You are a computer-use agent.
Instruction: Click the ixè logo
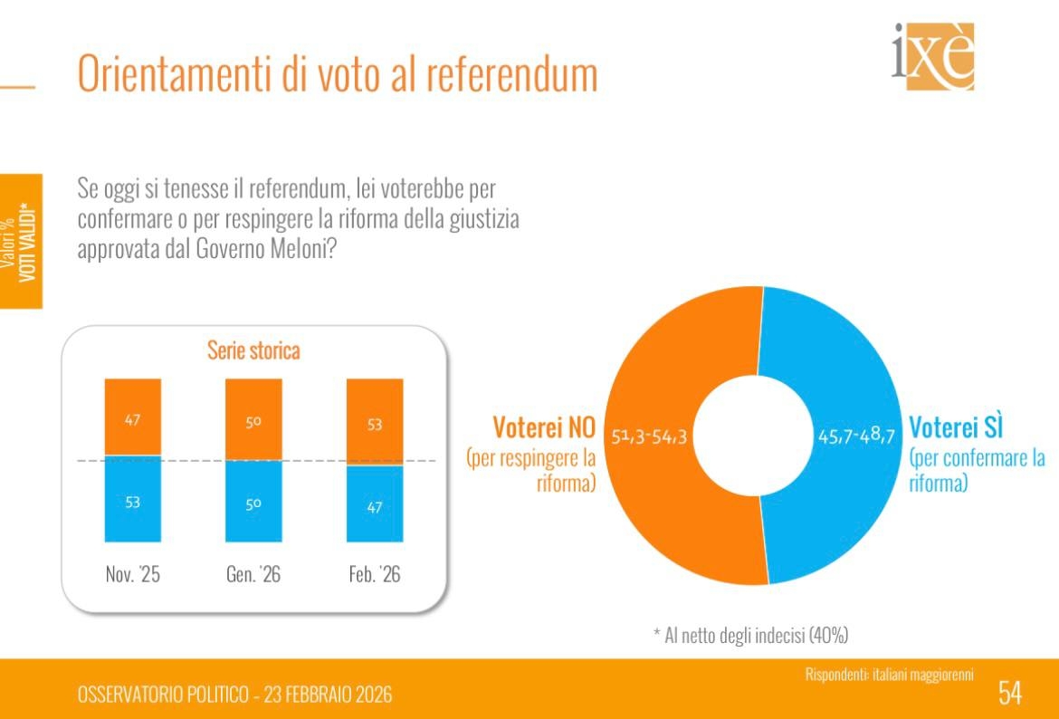(x=933, y=56)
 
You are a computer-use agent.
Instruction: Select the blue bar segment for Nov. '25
(x=133, y=502)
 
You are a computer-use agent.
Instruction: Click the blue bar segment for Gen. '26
(x=253, y=504)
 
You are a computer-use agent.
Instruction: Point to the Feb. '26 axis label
(x=375, y=575)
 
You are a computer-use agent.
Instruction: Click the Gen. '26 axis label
(x=253, y=575)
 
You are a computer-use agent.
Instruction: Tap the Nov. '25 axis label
(x=133, y=575)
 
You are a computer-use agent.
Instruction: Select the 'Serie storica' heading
(x=253, y=350)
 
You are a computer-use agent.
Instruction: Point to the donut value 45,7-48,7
(x=855, y=436)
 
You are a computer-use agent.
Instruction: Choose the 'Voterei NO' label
(x=543, y=426)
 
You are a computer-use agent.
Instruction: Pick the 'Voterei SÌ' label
(x=957, y=426)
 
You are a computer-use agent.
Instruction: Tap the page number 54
(x=1010, y=693)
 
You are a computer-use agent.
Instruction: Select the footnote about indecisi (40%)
(x=750, y=635)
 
